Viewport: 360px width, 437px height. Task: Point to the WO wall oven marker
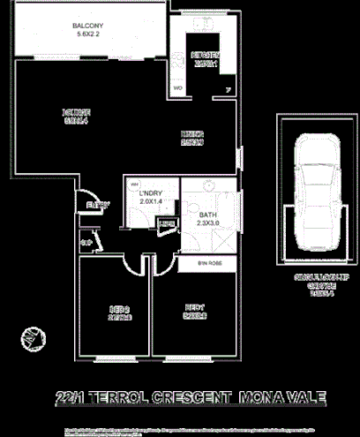tap(177, 88)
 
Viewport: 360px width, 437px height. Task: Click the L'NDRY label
tap(153, 192)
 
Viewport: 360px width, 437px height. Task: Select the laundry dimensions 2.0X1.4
tap(153, 202)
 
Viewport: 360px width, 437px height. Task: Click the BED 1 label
tap(195, 307)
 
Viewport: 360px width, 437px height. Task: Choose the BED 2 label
tap(120, 308)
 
